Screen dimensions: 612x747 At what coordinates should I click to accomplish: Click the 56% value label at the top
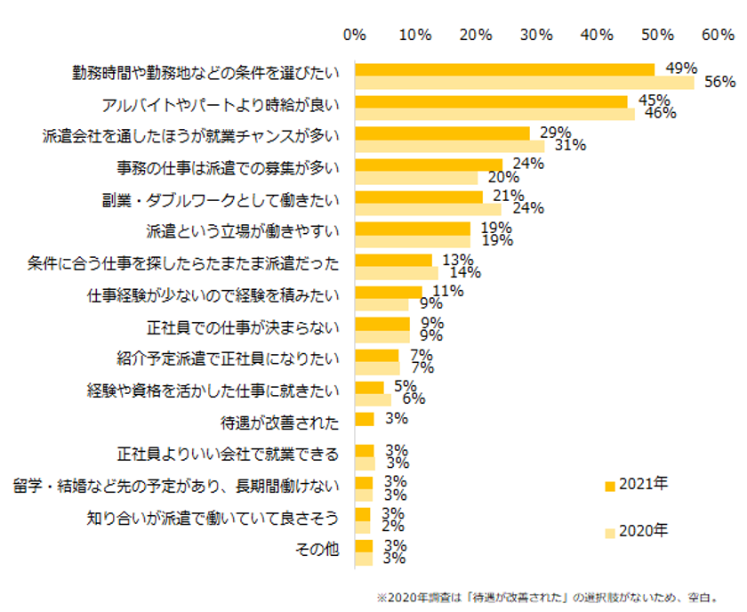(719, 82)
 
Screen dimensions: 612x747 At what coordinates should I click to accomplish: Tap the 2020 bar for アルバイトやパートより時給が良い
(494, 114)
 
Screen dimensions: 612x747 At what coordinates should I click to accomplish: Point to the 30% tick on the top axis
(536, 35)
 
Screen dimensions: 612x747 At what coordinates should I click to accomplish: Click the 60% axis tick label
(718, 35)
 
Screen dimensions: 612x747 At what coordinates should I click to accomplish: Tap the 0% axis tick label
(355, 35)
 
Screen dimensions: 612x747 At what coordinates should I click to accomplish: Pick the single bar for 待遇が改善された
(364, 419)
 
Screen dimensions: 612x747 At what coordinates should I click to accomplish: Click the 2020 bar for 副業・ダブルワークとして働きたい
(428, 209)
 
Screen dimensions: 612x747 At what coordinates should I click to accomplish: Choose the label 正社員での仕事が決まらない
(243, 327)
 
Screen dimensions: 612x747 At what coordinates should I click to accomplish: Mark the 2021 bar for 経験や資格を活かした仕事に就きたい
(369, 387)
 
